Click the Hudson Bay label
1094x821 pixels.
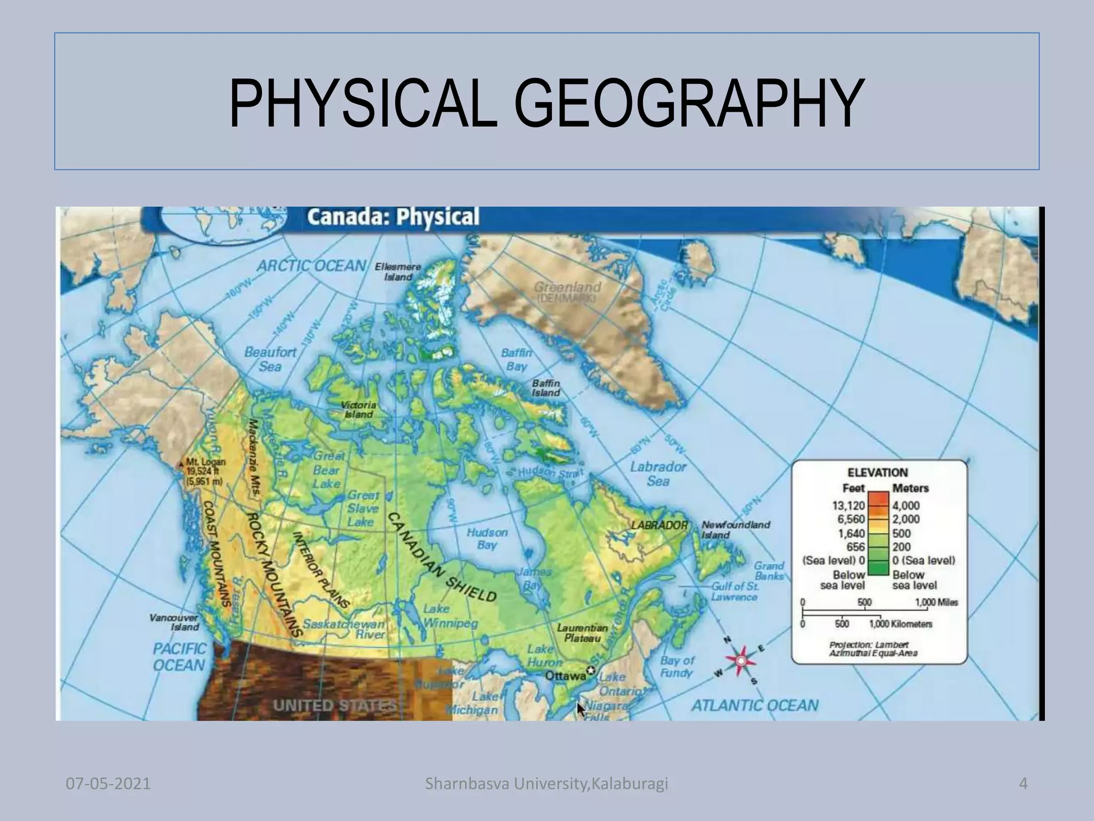[x=487, y=539]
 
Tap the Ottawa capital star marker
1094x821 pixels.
[x=591, y=671]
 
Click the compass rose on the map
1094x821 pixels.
[x=741, y=662]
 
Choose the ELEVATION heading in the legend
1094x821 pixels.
[x=877, y=473]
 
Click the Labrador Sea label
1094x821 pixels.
[x=658, y=474]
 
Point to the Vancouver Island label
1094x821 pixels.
[x=175, y=622]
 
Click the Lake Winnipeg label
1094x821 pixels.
[x=443, y=616]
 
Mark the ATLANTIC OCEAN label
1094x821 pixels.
[x=755, y=706]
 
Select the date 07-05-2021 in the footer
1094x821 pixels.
[x=108, y=784]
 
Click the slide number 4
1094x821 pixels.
[x=1023, y=784]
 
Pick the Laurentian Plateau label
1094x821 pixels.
[x=582, y=633]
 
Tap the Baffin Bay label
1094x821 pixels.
[x=516, y=359]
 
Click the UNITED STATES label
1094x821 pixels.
[x=335, y=706]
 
